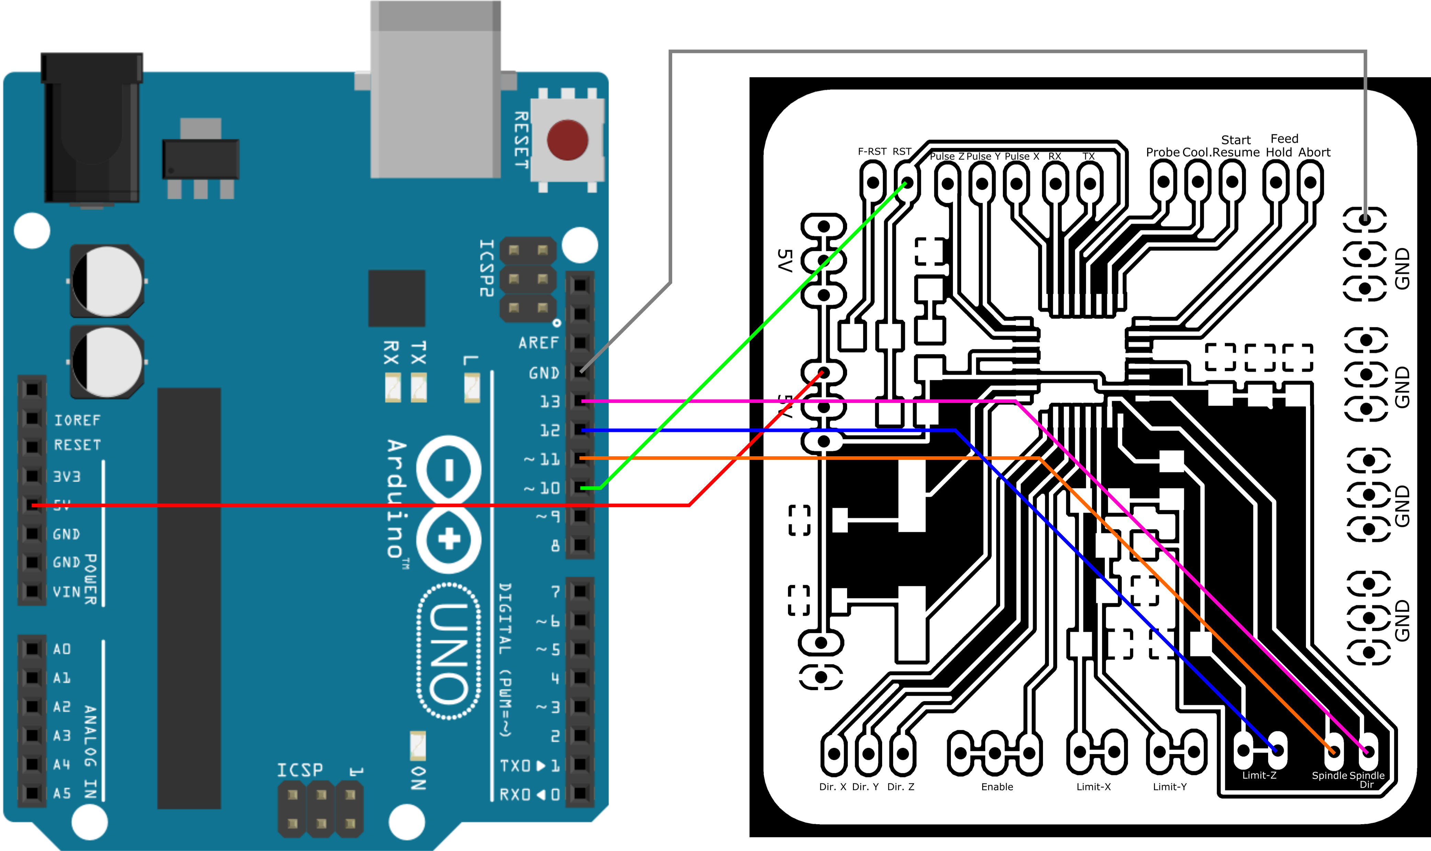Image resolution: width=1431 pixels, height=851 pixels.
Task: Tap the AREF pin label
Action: [538, 343]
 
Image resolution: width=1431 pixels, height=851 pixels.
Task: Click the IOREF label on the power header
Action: [77, 420]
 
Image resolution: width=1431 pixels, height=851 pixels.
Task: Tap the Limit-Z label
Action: [1259, 775]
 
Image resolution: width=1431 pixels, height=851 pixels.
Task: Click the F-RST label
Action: [872, 151]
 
